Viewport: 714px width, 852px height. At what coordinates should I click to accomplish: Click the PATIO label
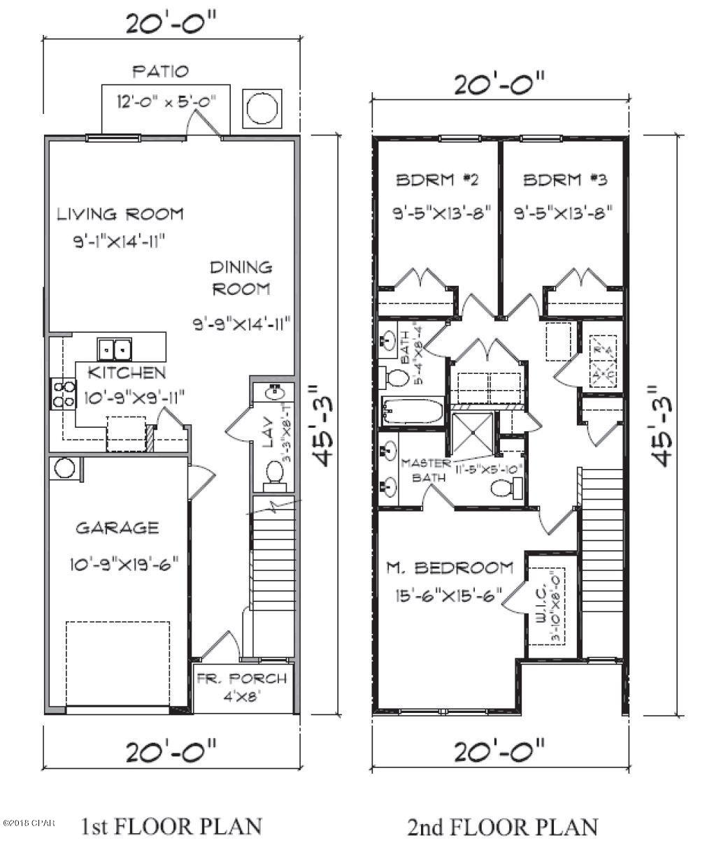point(160,71)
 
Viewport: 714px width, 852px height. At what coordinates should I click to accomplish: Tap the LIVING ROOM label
point(120,214)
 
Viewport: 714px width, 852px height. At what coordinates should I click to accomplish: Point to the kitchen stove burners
point(60,393)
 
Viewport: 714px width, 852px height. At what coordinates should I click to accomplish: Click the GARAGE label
point(117,528)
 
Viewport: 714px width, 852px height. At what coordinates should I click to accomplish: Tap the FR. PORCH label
point(241,678)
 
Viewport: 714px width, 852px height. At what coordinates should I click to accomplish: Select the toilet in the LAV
point(273,475)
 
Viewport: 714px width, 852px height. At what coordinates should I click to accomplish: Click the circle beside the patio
point(262,109)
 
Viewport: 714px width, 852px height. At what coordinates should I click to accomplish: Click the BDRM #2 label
point(437,180)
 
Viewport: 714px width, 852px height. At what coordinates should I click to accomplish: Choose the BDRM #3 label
point(565,180)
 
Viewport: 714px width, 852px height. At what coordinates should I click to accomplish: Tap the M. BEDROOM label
point(450,568)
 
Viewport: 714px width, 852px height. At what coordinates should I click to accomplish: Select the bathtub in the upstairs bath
point(413,410)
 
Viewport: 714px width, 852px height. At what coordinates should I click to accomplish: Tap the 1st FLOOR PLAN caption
point(172,826)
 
